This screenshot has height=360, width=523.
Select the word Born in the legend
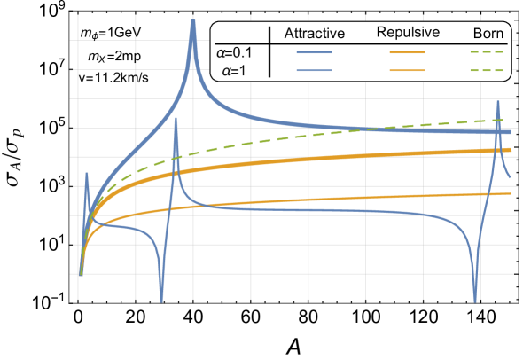(488, 35)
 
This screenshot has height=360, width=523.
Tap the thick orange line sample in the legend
(408, 53)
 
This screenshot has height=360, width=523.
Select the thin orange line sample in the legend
(408, 69)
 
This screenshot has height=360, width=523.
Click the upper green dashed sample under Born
(487, 53)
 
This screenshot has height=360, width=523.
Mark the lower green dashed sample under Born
(487, 69)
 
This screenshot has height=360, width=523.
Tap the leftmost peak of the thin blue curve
(86, 174)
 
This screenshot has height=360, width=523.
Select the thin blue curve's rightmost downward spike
(475, 299)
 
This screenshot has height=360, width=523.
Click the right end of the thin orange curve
(509, 192)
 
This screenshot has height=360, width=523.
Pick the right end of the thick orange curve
(509, 150)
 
